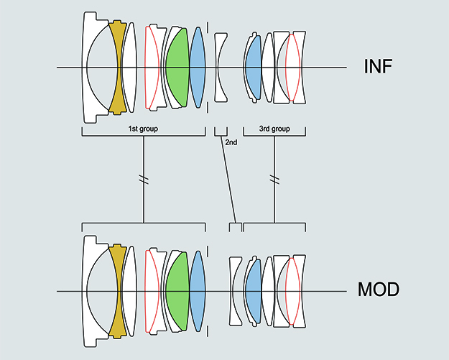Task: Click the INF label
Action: (x=379, y=68)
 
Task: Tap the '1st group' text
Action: (x=142, y=129)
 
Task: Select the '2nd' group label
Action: (x=231, y=142)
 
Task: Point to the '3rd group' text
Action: (x=274, y=129)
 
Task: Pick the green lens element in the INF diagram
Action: (x=177, y=68)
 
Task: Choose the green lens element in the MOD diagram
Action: (x=177, y=291)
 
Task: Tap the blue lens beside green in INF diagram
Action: (x=197, y=68)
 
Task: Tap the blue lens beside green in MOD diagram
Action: (x=197, y=291)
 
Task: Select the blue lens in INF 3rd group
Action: (x=252, y=68)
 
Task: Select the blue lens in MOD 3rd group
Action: (x=252, y=291)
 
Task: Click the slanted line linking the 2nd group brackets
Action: (x=229, y=180)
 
